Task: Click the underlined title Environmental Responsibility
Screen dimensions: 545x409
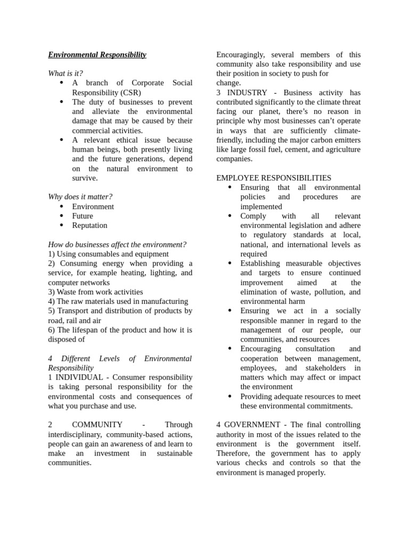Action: point(97,55)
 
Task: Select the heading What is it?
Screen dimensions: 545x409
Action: point(66,73)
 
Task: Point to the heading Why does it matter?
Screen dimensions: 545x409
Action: point(80,197)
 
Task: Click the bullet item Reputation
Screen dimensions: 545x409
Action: point(89,226)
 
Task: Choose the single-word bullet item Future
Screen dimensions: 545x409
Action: point(83,216)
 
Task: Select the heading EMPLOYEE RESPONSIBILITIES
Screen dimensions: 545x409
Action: point(274,178)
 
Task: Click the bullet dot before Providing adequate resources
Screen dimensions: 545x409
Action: point(230,396)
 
